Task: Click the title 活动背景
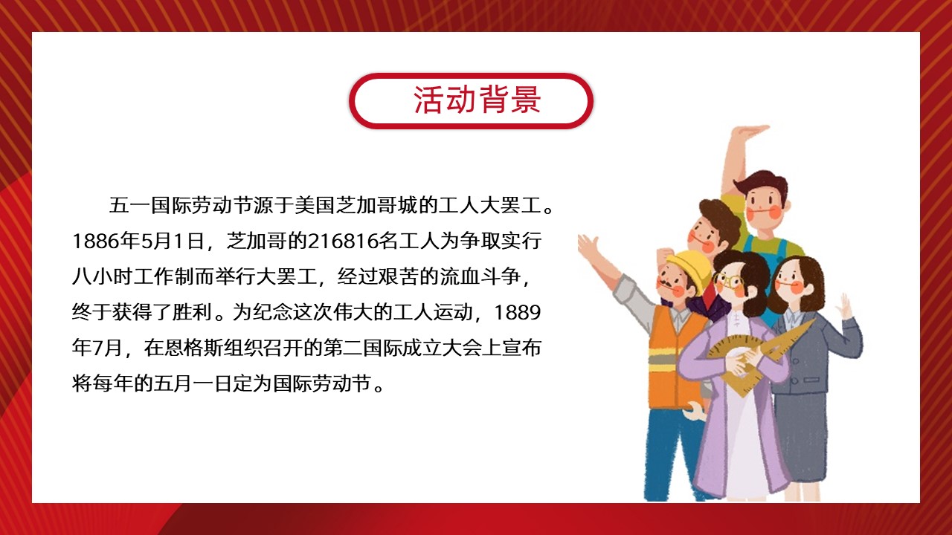click(x=477, y=100)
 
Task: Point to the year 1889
click(x=517, y=313)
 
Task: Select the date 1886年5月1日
click(x=138, y=241)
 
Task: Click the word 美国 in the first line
click(x=315, y=206)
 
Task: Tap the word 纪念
click(x=273, y=313)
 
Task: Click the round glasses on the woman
click(x=727, y=281)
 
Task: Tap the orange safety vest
click(x=673, y=357)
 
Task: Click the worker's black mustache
click(x=664, y=283)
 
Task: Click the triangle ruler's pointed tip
click(x=814, y=320)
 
